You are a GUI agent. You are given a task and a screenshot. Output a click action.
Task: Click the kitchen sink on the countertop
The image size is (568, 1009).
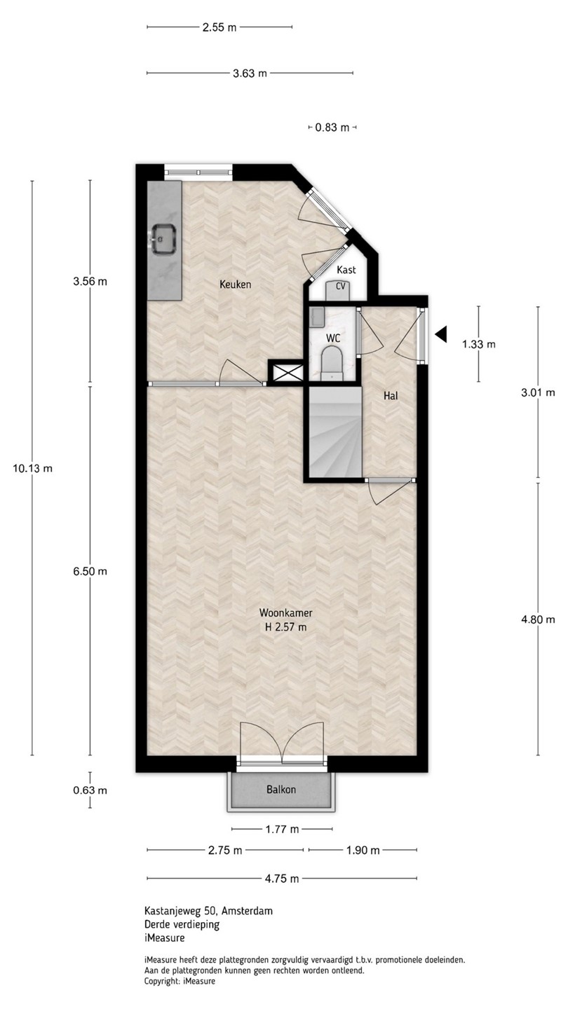pos(163,239)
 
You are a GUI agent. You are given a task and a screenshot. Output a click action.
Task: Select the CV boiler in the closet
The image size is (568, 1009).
pos(340,289)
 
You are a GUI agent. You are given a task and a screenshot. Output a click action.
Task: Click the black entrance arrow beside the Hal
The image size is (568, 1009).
pos(441,334)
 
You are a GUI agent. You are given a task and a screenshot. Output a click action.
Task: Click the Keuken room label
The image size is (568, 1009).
pos(236,284)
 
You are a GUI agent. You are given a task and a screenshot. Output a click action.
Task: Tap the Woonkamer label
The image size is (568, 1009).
pos(286,612)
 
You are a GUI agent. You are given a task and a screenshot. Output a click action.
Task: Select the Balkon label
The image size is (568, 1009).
pos(281,789)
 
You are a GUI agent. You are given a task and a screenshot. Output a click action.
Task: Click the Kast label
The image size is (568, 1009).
pos(346,270)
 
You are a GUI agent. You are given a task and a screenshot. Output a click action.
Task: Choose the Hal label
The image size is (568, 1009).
pos(391,396)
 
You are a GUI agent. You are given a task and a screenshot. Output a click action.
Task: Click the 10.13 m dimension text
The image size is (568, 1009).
pos(32,469)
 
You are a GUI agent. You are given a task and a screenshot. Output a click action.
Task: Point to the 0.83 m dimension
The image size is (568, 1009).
pos(332,128)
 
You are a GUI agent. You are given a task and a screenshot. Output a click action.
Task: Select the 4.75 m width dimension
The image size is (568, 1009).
pos(282,879)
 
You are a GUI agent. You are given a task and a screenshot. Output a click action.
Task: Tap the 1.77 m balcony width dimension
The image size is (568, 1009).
pos(282,829)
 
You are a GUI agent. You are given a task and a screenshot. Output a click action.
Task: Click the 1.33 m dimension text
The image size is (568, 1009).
pos(479,345)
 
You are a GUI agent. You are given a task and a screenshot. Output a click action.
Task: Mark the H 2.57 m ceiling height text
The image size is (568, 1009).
pos(286,626)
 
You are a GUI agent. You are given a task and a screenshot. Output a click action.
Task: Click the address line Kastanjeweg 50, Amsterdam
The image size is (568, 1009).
pos(208,911)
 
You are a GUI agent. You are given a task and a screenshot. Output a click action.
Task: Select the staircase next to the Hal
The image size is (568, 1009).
pos(335,432)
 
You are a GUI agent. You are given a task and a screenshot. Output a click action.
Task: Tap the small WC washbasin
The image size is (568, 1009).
pos(317,317)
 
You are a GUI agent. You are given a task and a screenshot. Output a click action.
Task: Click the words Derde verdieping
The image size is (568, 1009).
pos(182,924)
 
